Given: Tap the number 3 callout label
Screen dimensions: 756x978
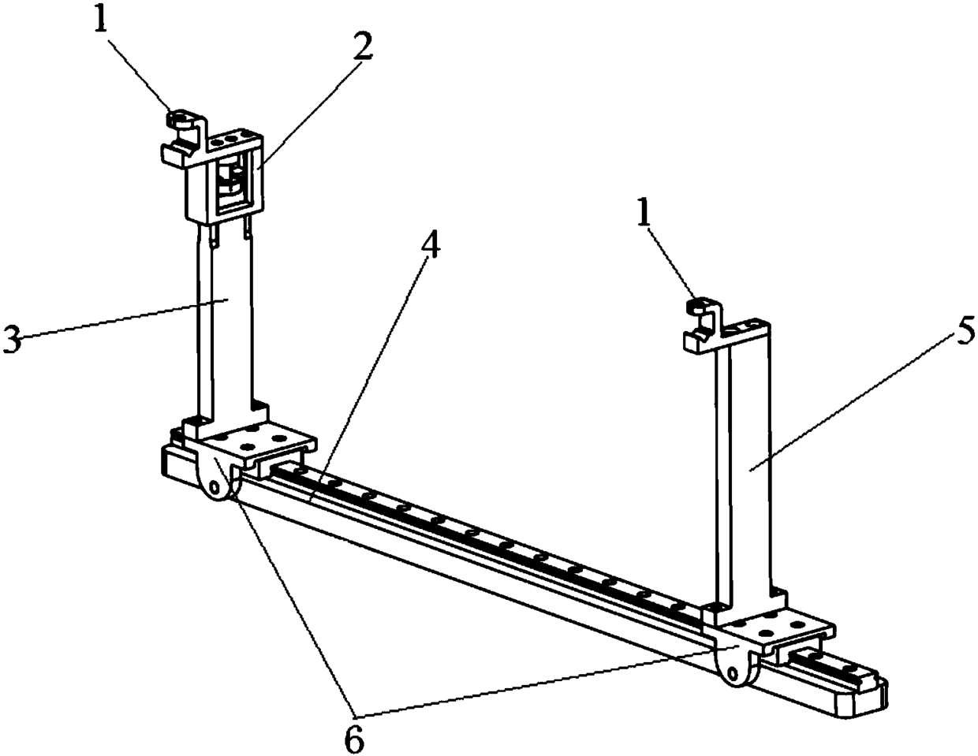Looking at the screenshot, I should pos(13,341).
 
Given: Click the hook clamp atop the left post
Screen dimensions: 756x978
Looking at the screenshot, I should pos(181,134).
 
